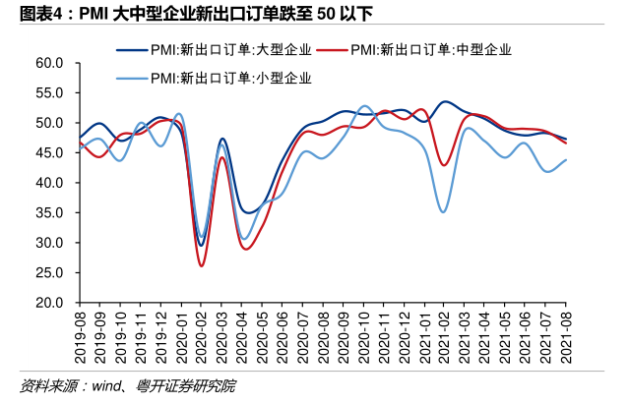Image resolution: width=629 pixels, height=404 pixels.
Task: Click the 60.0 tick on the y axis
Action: click(x=49, y=63)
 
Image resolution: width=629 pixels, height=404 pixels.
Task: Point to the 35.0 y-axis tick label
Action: click(x=49, y=213)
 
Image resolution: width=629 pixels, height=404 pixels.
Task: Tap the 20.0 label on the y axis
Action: click(x=49, y=303)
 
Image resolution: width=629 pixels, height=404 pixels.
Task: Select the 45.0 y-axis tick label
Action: click(x=49, y=153)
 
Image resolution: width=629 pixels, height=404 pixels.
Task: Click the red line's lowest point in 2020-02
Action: click(x=201, y=265)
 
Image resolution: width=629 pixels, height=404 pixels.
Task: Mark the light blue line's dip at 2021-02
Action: click(x=444, y=211)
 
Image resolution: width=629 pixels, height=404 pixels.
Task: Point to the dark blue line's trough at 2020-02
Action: click(x=201, y=246)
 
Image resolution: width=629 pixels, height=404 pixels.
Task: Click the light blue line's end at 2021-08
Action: click(x=565, y=160)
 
